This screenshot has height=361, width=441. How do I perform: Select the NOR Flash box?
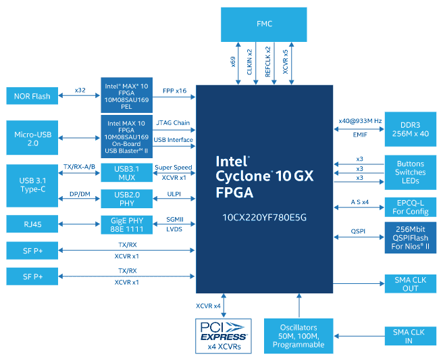point(32,96)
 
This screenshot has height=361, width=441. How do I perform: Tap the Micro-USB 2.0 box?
point(32,139)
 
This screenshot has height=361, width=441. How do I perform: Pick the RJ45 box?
point(32,223)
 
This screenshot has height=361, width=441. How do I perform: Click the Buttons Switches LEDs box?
point(411,172)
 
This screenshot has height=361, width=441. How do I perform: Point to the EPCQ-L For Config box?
point(411,207)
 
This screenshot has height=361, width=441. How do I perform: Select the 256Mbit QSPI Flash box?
point(411,237)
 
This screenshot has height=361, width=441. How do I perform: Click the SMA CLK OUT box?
point(411,283)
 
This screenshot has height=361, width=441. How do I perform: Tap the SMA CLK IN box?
point(411,335)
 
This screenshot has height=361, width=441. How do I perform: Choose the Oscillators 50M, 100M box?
point(298,335)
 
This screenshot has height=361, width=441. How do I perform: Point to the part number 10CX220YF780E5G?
point(264,217)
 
